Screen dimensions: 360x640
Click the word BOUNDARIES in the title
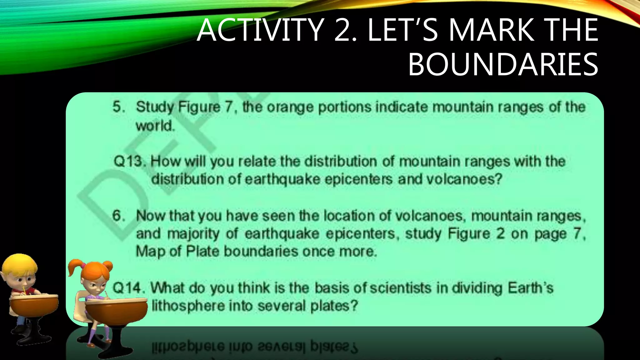tap(503, 65)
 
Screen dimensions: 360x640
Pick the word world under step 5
tap(155, 126)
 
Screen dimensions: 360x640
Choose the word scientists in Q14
tap(401, 288)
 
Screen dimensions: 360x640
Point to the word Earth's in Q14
tap(530, 288)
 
